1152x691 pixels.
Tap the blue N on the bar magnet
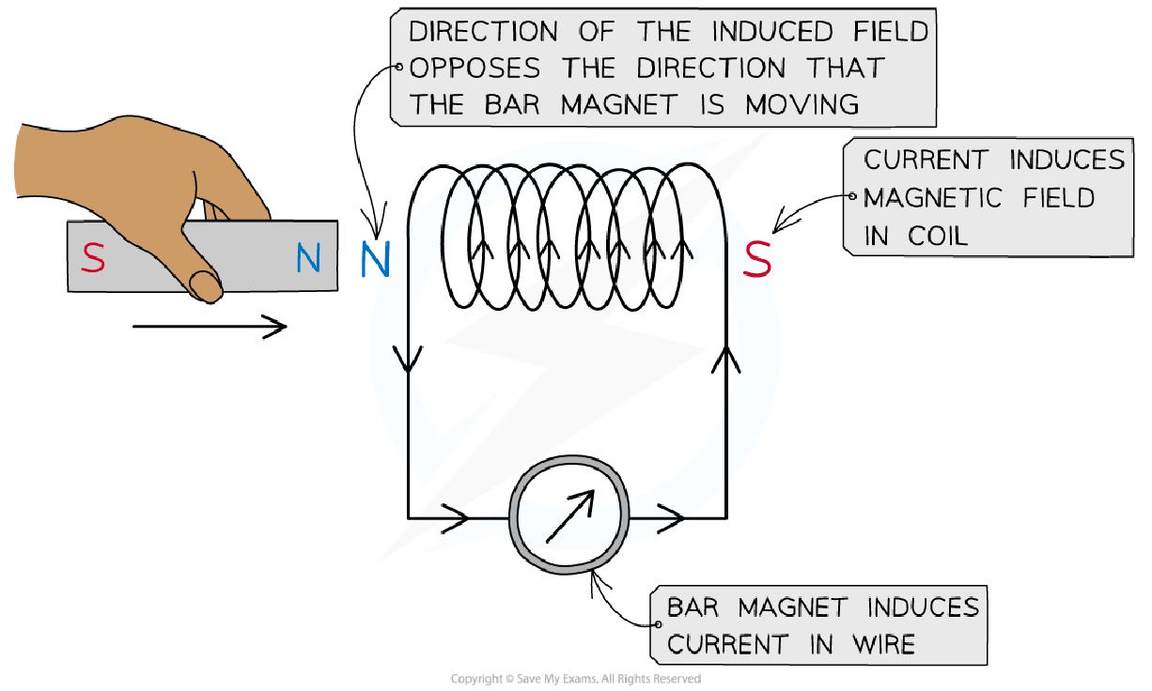pyautogui.click(x=307, y=258)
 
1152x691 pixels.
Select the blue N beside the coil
pyautogui.click(x=374, y=260)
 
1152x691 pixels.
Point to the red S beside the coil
pyautogui.click(x=757, y=260)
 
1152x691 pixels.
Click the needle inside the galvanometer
pyautogui.click(x=569, y=516)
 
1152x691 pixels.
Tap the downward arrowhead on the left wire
pyautogui.click(x=409, y=360)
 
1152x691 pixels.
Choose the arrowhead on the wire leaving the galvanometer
pyautogui.click(x=671, y=516)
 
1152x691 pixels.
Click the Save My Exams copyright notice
pyautogui.click(x=575, y=679)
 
